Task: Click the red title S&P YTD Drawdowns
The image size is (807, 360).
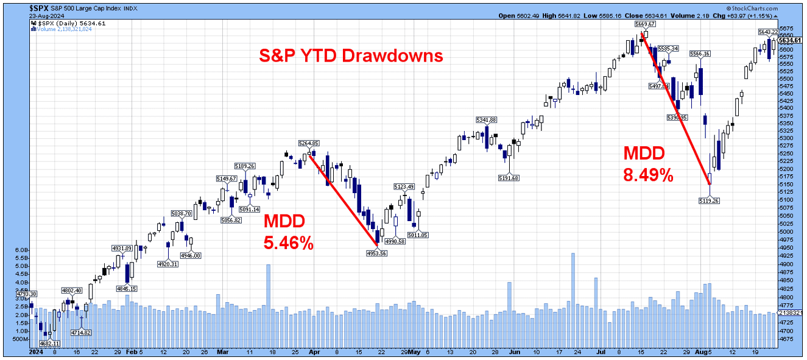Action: pos(350,56)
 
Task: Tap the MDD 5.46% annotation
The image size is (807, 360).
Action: pos(288,232)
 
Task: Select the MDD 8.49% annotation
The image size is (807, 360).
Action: pos(647,164)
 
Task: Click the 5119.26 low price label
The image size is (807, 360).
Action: pos(710,200)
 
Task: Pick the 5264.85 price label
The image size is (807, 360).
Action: pos(309,143)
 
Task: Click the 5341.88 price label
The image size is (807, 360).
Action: pos(487,119)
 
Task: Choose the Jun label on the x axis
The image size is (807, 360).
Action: pos(515,352)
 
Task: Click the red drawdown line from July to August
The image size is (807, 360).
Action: pos(676,109)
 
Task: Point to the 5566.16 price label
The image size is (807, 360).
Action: pos(700,54)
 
